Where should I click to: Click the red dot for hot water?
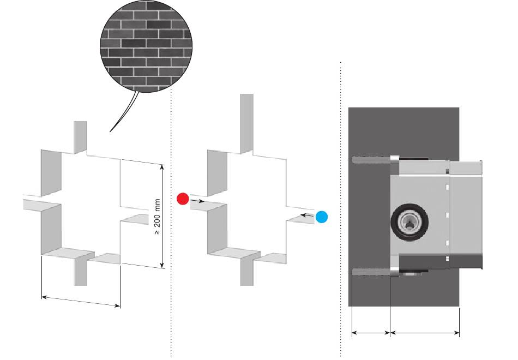tap(183, 199)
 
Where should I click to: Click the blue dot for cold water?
tap(322, 217)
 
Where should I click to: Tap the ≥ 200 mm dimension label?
tap(157, 217)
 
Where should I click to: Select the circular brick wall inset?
tap(146, 46)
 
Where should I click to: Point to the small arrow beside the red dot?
tap(197, 201)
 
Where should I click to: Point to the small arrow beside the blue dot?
tap(308, 215)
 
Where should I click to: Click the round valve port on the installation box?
tap(409, 222)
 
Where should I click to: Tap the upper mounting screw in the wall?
tap(371, 160)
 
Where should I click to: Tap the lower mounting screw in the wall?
tap(371, 272)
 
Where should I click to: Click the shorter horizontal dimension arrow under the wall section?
tap(371, 333)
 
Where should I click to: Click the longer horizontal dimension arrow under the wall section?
tap(425, 333)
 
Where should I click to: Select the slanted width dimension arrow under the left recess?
tap(81, 302)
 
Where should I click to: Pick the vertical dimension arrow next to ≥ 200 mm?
tap(162, 216)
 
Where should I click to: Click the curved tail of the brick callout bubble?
tap(124, 111)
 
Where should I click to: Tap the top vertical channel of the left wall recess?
tap(80, 137)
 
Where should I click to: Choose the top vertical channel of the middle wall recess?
tap(247, 123)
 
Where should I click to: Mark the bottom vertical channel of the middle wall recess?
tap(247, 269)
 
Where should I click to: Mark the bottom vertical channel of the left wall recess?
tap(81, 271)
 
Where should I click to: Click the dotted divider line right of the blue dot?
tap(341, 209)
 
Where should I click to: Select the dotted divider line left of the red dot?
tap(171, 221)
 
